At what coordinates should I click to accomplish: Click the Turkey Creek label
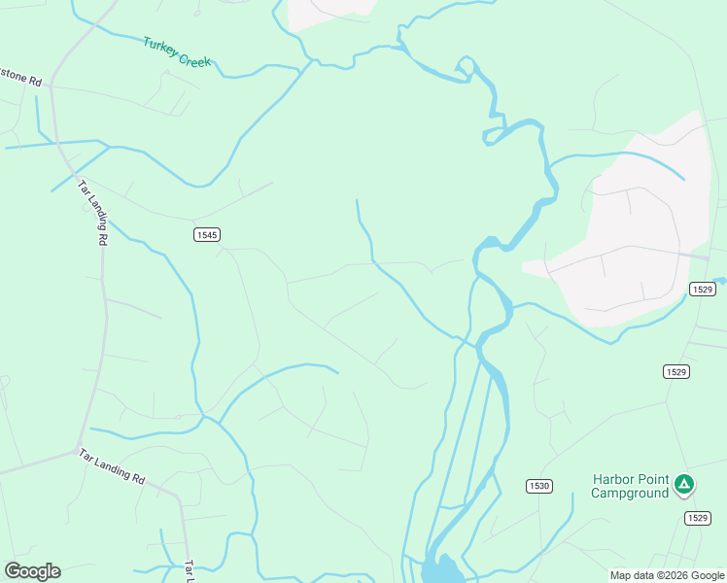(176, 52)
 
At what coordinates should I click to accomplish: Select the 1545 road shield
(206, 234)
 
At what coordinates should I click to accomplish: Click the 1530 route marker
(539, 486)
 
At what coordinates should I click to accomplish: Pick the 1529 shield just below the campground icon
(696, 518)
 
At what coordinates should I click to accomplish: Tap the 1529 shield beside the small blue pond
(704, 289)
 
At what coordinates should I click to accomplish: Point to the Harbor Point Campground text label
(632, 486)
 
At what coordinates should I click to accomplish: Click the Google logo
(32, 571)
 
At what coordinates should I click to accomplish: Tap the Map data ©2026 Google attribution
(668, 575)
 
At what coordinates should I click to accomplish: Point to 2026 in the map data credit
(673, 575)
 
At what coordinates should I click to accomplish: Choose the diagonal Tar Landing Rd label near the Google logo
(112, 467)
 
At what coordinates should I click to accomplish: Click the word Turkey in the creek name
(159, 47)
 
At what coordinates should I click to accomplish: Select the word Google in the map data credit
(707, 575)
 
